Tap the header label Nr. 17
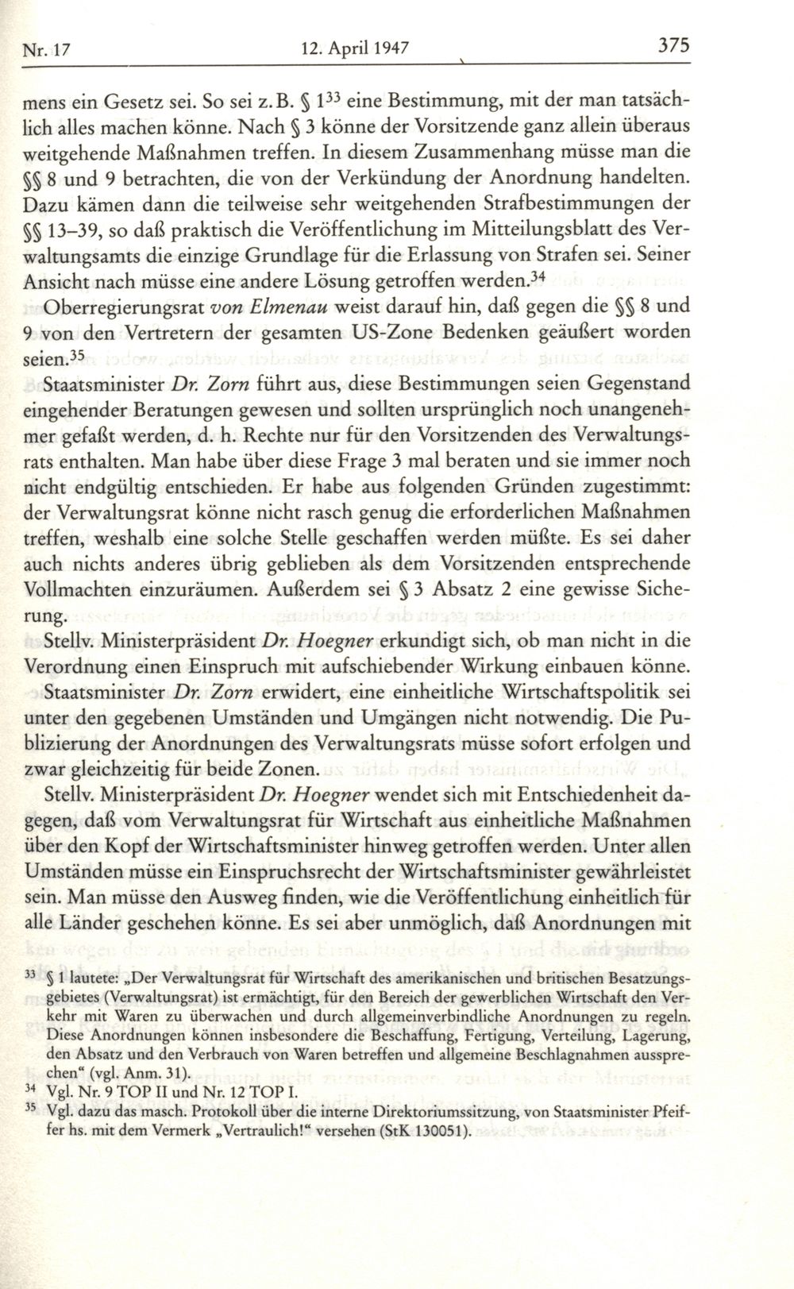pos(48,49)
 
